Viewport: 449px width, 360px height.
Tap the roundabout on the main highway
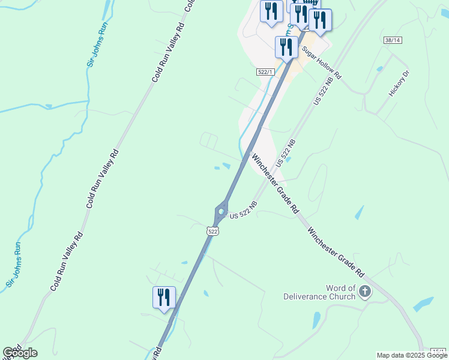pyautogui.click(x=221, y=211)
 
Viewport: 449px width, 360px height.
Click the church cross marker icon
pyautogui.click(x=364, y=292)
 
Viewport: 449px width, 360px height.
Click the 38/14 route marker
pyautogui.click(x=392, y=40)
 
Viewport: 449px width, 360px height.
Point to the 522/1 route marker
pyautogui.click(x=265, y=72)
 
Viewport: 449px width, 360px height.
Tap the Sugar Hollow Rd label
pyautogui.click(x=321, y=62)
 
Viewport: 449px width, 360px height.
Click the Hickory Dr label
pyautogui.click(x=398, y=84)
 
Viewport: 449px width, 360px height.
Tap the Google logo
pyautogui.click(x=20, y=353)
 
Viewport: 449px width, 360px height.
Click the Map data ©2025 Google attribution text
pyautogui.click(x=412, y=355)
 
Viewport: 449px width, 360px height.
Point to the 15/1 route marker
pyautogui.click(x=439, y=350)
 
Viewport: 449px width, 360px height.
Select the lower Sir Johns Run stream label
pyautogui.click(x=13, y=264)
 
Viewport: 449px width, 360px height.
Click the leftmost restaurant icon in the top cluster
pyautogui.click(x=271, y=11)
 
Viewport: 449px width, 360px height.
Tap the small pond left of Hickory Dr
pyautogui.click(x=379, y=69)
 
